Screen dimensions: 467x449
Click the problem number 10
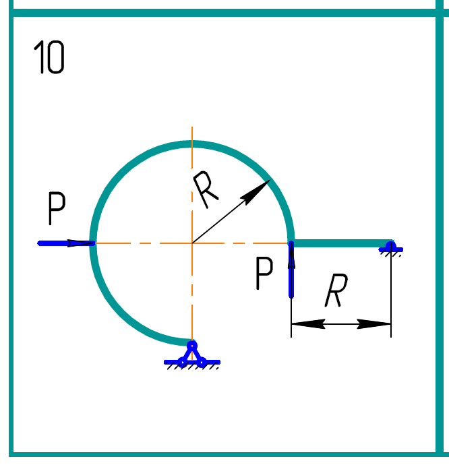(x=49, y=58)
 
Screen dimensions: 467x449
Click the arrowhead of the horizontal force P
(x=84, y=243)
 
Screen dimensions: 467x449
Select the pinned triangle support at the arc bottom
(x=192, y=354)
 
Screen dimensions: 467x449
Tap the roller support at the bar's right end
(x=390, y=247)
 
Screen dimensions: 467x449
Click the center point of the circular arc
(x=192, y=243)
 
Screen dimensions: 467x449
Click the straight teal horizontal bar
(x=340, y=243)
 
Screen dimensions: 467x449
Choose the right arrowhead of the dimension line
(x=381, y=324)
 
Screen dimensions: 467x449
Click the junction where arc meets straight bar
(x=291, y=243)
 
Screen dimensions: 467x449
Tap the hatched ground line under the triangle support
(x=192, y=364)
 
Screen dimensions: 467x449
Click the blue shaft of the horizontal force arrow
(x=57, y=243)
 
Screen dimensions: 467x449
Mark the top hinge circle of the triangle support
(x=192, y=346)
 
